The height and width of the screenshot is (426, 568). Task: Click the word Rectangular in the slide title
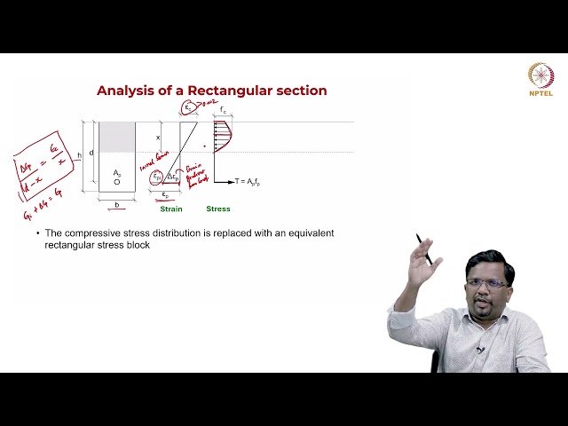pos(223,91)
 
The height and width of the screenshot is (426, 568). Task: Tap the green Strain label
pos(172,209)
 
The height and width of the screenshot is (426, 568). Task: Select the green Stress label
pos(217,209)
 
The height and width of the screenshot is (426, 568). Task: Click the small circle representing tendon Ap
pos(116,182)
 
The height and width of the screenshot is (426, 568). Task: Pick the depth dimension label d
pos(91,153)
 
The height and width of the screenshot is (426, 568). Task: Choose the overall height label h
pos(80,156)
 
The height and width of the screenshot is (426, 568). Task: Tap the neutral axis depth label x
pos(158,138)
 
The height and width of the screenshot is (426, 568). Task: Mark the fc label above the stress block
pos(225,111)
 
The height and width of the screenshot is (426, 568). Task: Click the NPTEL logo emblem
pos(540,75)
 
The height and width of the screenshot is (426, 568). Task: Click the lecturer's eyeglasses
pos(486,284)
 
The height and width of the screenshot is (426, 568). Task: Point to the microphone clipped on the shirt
pos(480,349)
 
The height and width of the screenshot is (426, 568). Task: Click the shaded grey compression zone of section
pos(116,138)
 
